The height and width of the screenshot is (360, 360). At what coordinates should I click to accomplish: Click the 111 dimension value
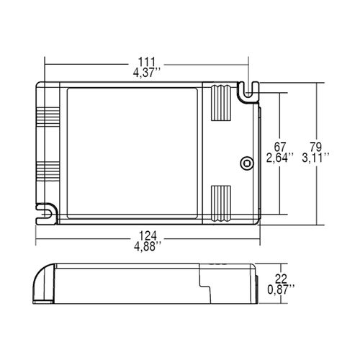146,62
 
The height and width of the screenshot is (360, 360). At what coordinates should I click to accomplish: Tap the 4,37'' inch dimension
147,73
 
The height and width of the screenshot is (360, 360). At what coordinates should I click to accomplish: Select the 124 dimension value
148,236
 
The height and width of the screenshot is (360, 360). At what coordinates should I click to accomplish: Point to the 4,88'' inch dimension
148,246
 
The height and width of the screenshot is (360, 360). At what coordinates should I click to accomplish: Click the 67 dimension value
280,147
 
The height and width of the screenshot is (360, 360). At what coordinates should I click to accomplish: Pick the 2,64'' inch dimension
280,158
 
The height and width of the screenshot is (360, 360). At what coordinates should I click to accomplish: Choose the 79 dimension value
315,147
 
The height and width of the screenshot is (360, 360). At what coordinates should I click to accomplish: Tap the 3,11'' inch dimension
315,158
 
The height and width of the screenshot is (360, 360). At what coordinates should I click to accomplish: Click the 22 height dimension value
281,279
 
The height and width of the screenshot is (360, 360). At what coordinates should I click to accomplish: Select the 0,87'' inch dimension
281,289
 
